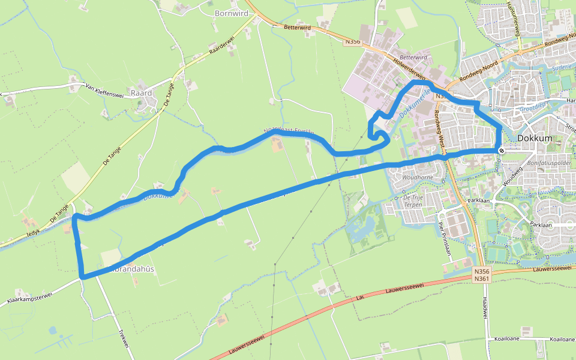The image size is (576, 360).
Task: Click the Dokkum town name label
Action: pyautogui.click(x=534, y=137)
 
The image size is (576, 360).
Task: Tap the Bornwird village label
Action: pyautogui.click(x=231, y=12)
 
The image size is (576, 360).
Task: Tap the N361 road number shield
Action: pyautogui.click(x=481, y=278)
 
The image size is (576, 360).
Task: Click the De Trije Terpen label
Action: pyautogui.click(x=413, y=201)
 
